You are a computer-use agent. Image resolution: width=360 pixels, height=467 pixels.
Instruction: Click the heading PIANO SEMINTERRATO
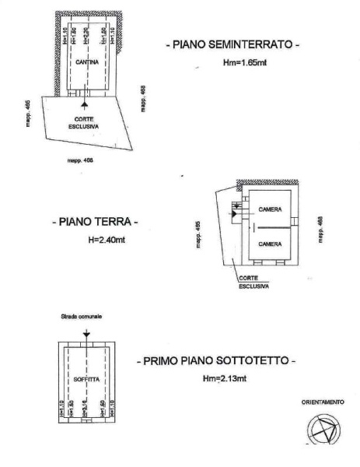click(233, 46)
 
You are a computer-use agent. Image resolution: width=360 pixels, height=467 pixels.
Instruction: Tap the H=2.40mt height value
click(108, 241)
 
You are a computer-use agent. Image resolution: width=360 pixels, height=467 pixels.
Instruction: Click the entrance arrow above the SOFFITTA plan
click(86, 332)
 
